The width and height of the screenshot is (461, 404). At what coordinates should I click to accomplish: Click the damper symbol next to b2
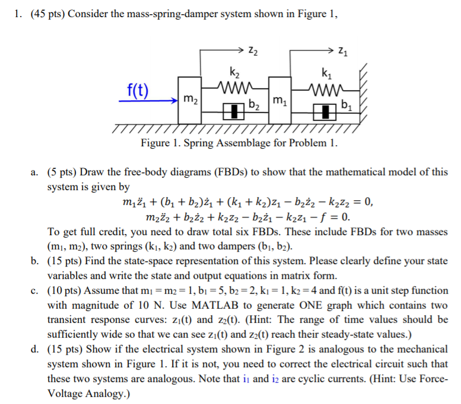click(x=234, y=111)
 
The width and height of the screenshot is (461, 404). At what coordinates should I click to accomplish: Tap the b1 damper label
click(x=346, y=107)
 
